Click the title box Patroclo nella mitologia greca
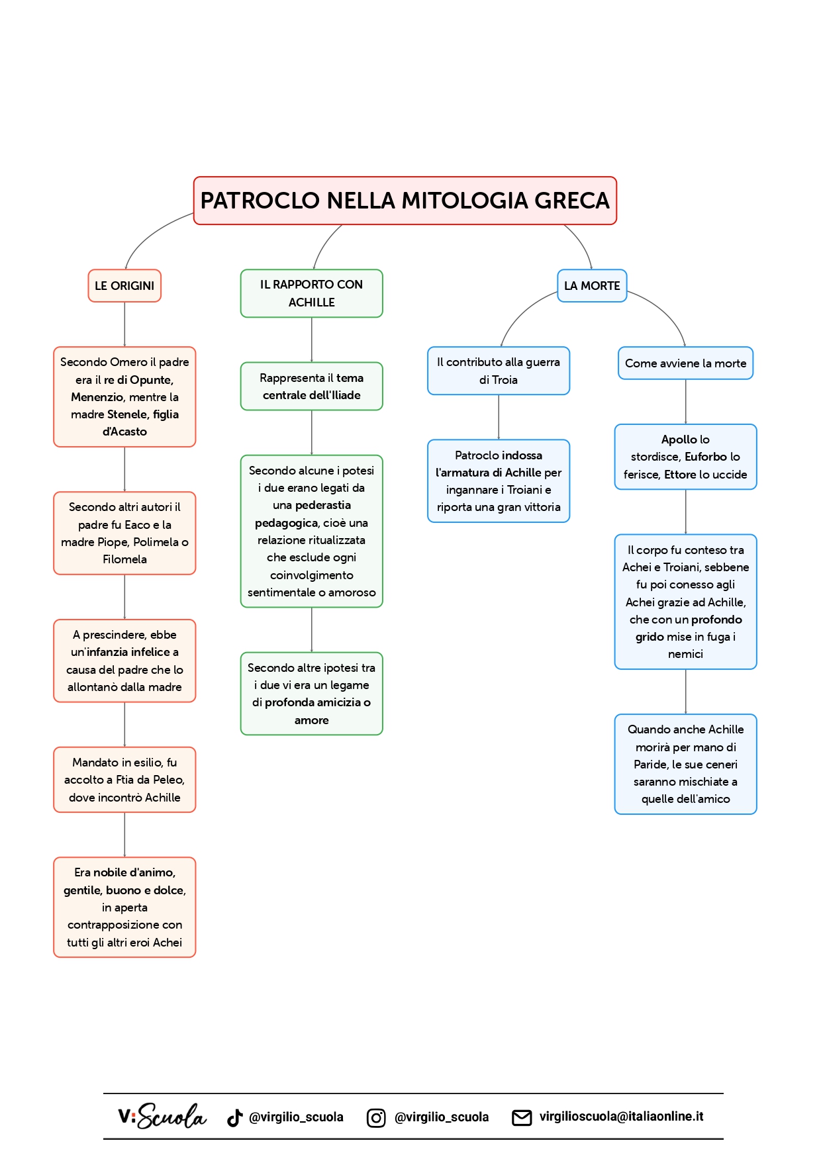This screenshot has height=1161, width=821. (x=405, y=201)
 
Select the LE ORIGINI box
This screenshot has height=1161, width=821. (x=124, y=286)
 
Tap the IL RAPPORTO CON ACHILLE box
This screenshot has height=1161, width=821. (x=311, y=293)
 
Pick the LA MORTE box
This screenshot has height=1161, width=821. (x=592, y=286)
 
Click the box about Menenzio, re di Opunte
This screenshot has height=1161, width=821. (x=124, y=396)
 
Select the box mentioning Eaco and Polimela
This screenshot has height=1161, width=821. (x=124, y=533)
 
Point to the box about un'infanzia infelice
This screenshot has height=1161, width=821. (x=124, y=661)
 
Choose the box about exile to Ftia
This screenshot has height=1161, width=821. (x=124, y=780)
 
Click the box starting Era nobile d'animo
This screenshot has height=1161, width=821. (x=124, y=907)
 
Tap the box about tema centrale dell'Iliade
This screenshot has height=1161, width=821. (x=311, y=387)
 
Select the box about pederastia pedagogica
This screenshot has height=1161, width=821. (x=311, y=531)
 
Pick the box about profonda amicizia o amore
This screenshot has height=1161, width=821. (x=311, y=694)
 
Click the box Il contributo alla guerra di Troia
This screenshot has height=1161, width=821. (x=499, y=371)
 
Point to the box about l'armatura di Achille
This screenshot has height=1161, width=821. (x=499, y=481)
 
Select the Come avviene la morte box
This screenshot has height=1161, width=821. (x=685, y=363)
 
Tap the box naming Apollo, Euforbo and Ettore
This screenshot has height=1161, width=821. (x=685, y=457)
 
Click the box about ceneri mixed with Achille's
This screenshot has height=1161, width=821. (x=685, y=764)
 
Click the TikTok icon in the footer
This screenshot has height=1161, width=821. (x=234, y=1117)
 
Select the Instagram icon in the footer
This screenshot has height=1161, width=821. (x=376, y=1117)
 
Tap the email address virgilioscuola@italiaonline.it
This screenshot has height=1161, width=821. (x=621, y=1117)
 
